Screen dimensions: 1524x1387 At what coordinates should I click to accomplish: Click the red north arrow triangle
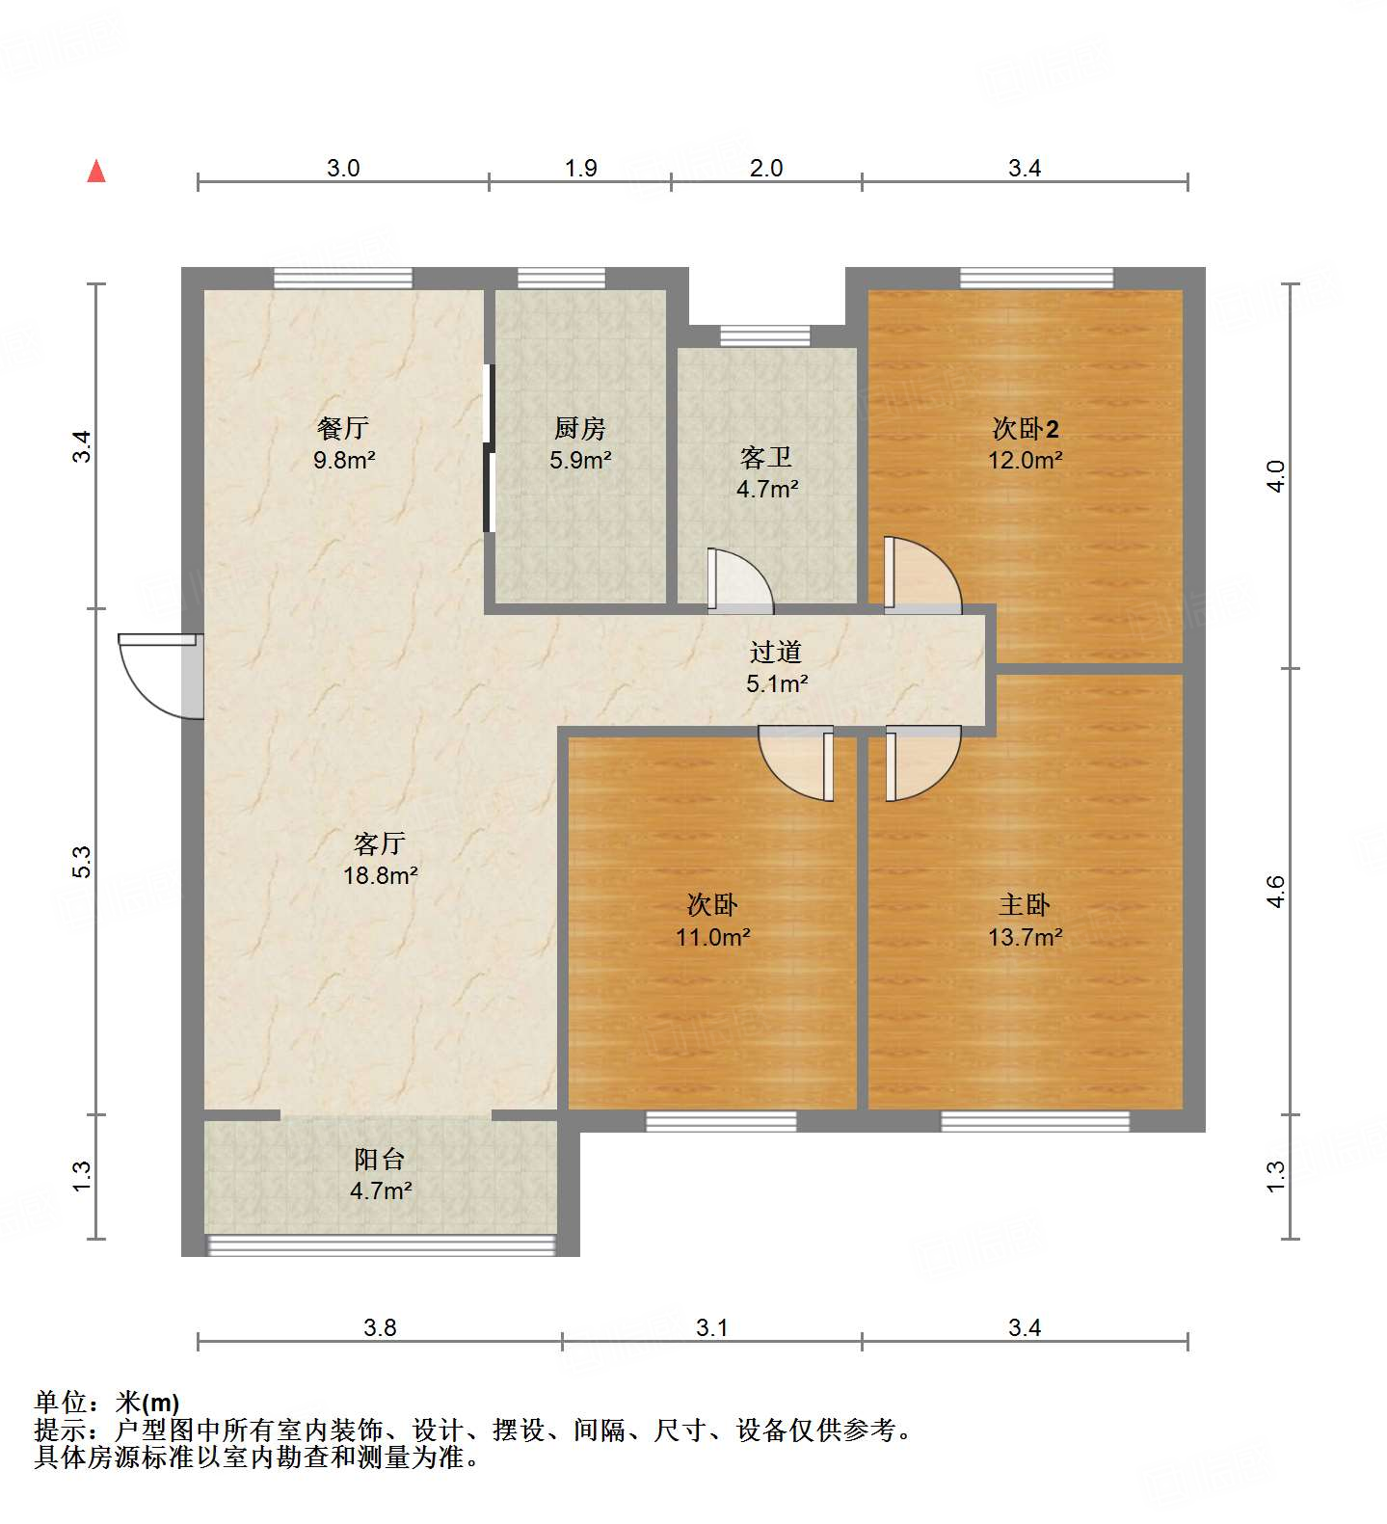[x=96, y=172]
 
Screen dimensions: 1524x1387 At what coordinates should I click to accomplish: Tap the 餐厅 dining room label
[x=343, y=428]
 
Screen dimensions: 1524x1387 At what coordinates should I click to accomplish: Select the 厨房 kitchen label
[x=580, y=428]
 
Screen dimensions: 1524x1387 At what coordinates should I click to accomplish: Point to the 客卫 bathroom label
[x=766, y=457]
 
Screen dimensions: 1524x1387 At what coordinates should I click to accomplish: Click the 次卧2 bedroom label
[x=1025, y=428]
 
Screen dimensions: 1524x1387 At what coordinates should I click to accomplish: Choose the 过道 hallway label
[x=776, y=653]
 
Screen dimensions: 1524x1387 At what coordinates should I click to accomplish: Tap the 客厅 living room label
[x=380, y=844]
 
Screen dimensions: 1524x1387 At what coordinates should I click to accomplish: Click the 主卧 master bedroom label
[x=1025, y=905]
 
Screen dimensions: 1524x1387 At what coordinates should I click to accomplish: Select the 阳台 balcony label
[x=380, y=1160]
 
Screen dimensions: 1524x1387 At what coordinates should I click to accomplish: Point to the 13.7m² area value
[x=1025, y=937]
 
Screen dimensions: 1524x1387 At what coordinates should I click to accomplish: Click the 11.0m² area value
[x=712, y=937]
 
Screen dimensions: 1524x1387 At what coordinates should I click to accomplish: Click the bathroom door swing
[x=739, y=581]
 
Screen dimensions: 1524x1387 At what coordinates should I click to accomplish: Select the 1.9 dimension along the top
[x=580, y=169]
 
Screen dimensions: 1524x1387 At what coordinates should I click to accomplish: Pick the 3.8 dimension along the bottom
[x=380, y=1328]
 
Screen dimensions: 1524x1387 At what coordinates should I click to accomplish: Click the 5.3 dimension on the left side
[x=82, y=861]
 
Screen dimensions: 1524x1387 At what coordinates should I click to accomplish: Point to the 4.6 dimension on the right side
[x=1275, y=892]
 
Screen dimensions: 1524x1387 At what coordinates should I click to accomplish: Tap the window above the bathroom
[x=765, y=336]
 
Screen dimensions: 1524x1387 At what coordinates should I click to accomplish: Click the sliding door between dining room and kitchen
[x=489, y=448]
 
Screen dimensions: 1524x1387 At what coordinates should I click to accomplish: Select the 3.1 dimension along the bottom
[x=711, y=1328]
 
